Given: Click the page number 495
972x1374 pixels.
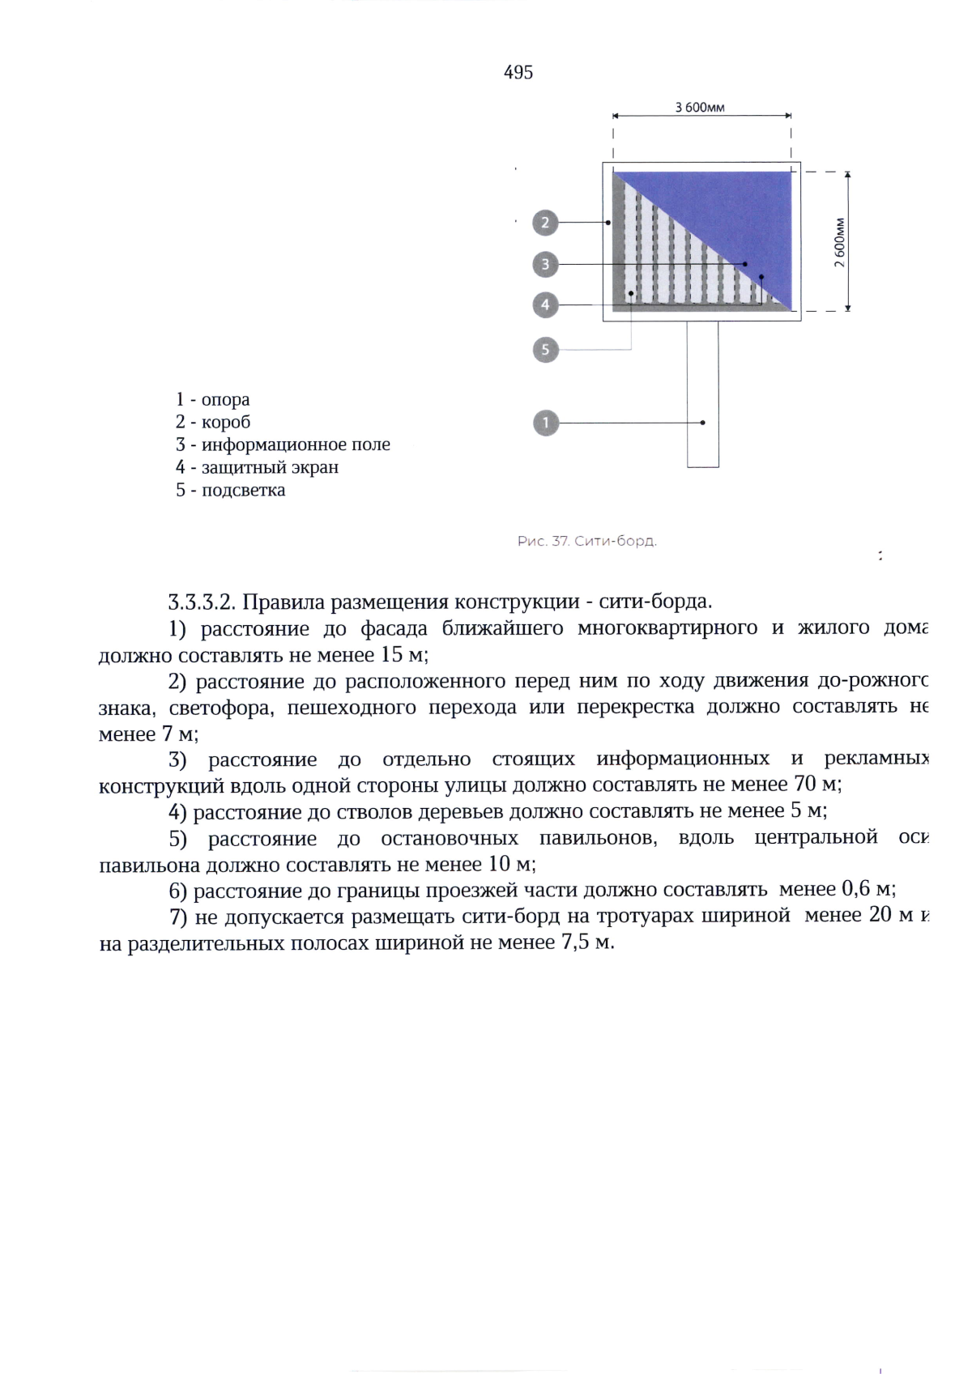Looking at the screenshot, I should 518,73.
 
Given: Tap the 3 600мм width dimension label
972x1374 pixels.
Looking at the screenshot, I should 700,108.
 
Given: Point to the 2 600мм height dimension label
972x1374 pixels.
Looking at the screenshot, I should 840,241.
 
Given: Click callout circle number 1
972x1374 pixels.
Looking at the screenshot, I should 546,423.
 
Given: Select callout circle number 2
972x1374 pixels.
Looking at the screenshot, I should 545,222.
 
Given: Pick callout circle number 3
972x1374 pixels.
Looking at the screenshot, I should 545,264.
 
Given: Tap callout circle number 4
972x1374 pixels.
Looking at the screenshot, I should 545,305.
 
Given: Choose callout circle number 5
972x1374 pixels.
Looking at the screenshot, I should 545,350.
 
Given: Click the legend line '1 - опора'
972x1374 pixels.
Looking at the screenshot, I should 213,399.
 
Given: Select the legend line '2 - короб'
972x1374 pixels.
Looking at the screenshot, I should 213,422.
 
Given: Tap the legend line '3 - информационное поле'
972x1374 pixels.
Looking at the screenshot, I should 283,445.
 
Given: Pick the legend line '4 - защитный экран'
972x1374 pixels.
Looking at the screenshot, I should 257,467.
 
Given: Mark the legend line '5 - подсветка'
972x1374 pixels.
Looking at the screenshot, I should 230,490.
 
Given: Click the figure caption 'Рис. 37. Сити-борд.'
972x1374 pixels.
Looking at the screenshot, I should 587,541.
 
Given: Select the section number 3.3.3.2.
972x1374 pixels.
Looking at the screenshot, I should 202,602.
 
